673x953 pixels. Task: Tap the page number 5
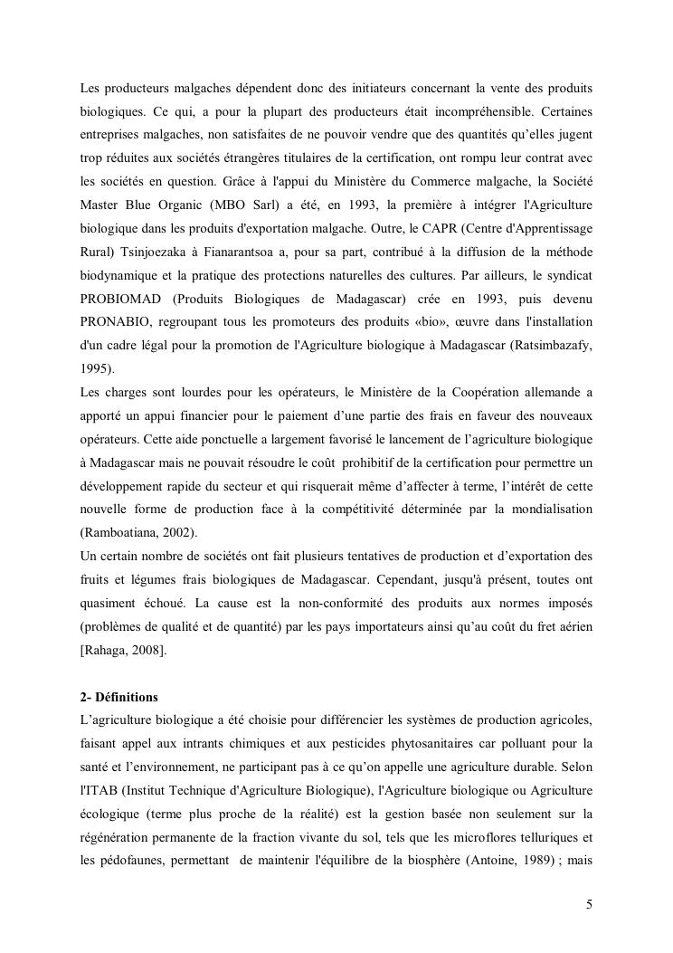point(589,904)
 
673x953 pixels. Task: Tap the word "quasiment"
point(109,603)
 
